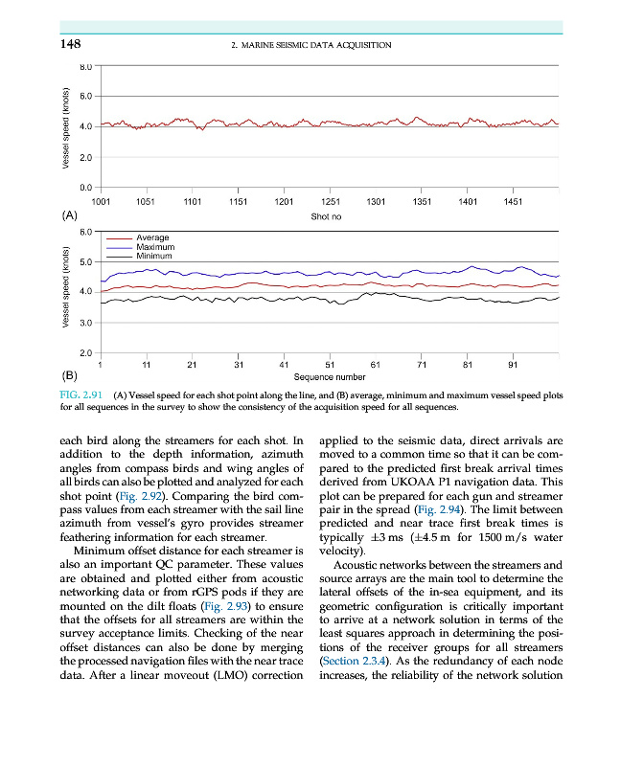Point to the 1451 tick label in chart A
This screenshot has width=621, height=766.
pyautogui.click(x=513, y=203)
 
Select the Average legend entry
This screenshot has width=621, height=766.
pyautogui.click(x=152, y=237)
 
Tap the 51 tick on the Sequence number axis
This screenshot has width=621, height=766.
pyautogui.click(x=330, y=365)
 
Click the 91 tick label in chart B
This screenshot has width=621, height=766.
pyautogui.click(x=513, y=365)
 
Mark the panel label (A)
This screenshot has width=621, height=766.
pyautogui.click(x=69, y=216)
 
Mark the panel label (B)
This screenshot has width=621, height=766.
pyautogui.click(x=69, y=376)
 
